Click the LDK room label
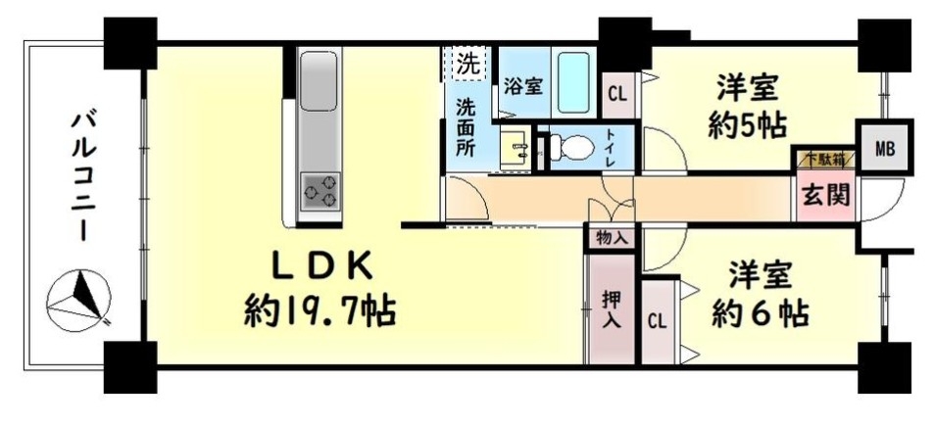coord(322,266)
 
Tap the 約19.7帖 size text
coord(320,310)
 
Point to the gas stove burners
coord(320,190)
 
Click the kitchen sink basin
coord(319,80)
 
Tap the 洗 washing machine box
coord(467,63)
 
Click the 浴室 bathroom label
coord(523,87)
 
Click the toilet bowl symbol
coord(565,147)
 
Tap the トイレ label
coord(613,148)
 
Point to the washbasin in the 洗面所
coord(516,147)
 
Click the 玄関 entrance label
coord(824,194)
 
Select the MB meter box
coord(885,148)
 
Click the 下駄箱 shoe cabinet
coord(824,159)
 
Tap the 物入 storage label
coord(612,239)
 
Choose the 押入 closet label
coord(612,308)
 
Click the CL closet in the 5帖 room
coord(617,95)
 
